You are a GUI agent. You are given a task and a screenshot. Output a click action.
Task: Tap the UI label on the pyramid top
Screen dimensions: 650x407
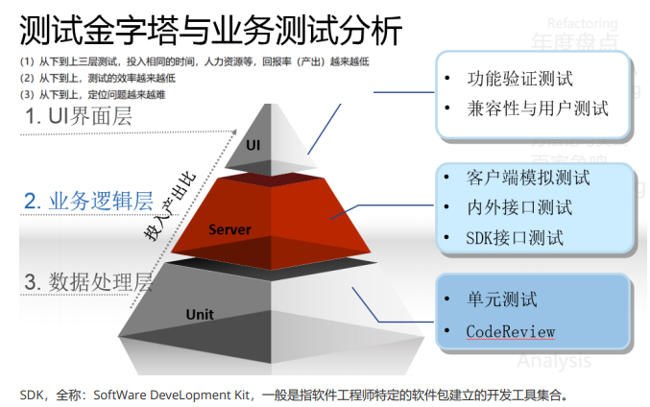coord(253,145)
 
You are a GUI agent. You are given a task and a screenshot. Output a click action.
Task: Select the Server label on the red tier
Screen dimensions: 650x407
coord(229,229)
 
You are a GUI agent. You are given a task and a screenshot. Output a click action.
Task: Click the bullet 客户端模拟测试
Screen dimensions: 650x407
coord(527,178)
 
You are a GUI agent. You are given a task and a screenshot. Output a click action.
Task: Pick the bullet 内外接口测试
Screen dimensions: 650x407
coord(518,207)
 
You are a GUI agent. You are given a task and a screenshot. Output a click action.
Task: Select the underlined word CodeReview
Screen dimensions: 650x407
coord(511,331)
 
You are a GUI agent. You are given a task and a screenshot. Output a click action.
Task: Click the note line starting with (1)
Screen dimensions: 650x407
coord(193,61)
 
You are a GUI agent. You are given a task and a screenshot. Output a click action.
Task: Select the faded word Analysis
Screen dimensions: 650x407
coord(554,362)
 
